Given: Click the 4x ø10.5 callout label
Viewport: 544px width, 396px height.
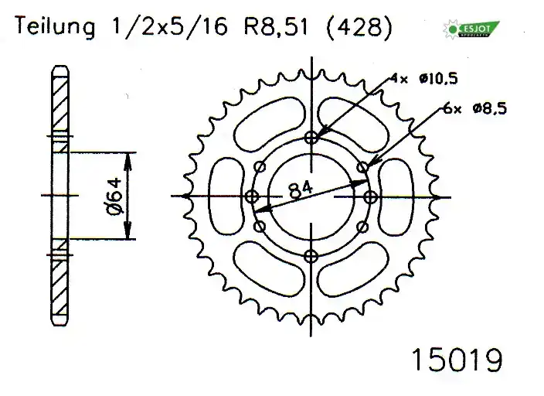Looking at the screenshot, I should [x=418, y=78].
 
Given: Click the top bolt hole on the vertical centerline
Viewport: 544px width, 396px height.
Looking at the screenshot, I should [x=311, y=138].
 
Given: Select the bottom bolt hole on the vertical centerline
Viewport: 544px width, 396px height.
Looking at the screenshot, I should [x=311, y=256].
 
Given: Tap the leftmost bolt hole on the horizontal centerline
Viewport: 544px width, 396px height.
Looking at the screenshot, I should [x=251, y=197].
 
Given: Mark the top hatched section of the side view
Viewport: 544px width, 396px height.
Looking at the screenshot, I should [x=59, y=104].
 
